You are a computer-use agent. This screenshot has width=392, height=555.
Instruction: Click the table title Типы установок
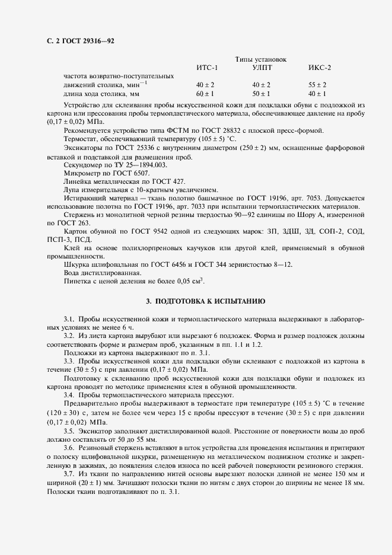pyautogui.click(x=260, y=59)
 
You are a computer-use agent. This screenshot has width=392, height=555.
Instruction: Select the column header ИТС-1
pyautogui.click(x=207, y=68)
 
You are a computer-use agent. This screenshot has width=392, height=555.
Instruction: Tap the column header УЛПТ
pyautogui.click(x=261, y=68)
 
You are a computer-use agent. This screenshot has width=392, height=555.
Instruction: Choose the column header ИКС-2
pyautogui.click(x=319, y=68)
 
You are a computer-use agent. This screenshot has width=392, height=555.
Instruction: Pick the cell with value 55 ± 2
pyautogui.click(x=317, y=85)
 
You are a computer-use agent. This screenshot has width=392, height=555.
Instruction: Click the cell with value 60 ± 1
pyautogui.click(x=205, y=94)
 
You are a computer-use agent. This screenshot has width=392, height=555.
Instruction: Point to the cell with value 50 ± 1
pyautogui.click(x=261, y=94)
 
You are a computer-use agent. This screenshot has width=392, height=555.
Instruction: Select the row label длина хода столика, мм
pyautogui.click(x=101, y=94)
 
